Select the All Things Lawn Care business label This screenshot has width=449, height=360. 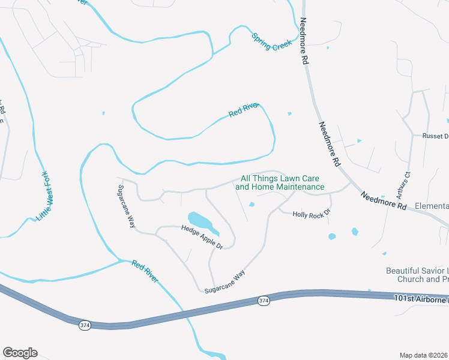(x=280, y=182)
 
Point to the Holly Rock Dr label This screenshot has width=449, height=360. (x=312, y=213)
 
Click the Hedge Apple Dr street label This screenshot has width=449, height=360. (x=202, y=237)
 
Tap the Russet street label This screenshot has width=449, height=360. (x=435, y=136)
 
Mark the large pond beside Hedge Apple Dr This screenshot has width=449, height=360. (x=202, y=221)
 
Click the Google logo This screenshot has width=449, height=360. (x=20, y=353)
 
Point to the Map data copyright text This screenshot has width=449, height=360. (x=424, y=355)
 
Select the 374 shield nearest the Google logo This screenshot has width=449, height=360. (x=84, y=325)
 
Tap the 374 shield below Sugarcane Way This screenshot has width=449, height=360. (x=263, y=299)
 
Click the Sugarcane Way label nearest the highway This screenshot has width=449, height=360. (x=225, y=281)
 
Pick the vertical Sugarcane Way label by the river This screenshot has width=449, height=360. (x=126, y=205)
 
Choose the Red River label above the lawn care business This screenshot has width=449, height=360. (x=243, y=110)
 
